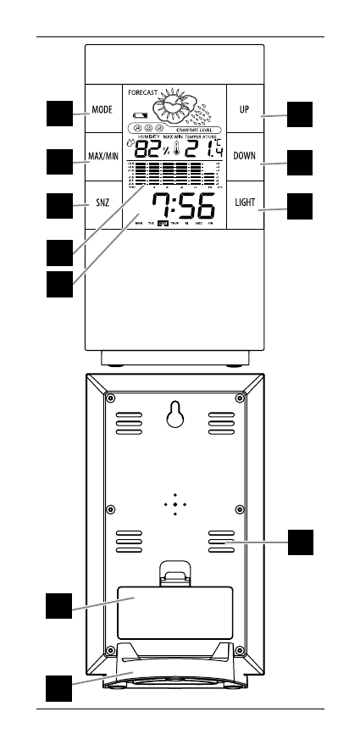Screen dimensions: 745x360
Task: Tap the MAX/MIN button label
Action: point(102,158)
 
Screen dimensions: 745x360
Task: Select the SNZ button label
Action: point(102,204)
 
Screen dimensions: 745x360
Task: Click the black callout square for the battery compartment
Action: point(58,607)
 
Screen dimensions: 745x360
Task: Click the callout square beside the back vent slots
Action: point(301,541)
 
